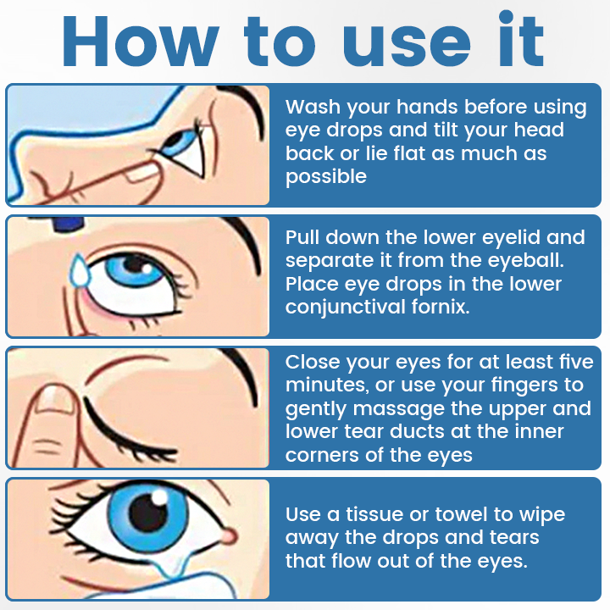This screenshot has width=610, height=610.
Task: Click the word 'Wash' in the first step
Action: (x=310, y=108)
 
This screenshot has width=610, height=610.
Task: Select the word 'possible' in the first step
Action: (x=326, y=177)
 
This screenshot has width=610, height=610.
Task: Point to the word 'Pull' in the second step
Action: (x=302, y=237)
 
